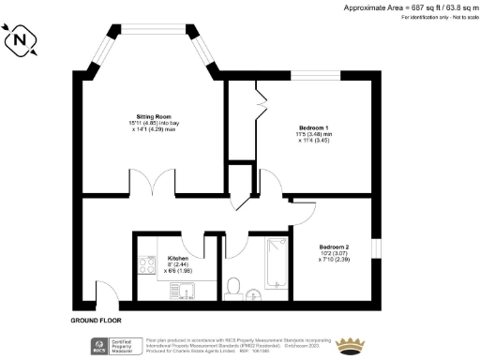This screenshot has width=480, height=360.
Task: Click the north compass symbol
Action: [x=21, y=41]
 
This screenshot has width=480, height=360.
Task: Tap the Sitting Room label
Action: [x=154, y=117]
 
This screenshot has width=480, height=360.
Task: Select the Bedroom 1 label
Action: [x=313, y=126]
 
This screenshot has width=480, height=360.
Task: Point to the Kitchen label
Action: [x=178, y=258]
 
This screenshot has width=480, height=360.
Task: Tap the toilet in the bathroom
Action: [x=234, y=285]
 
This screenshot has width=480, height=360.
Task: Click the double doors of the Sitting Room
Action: [x=153, y=183]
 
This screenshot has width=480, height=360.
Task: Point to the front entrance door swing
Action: [x=106, y=297]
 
